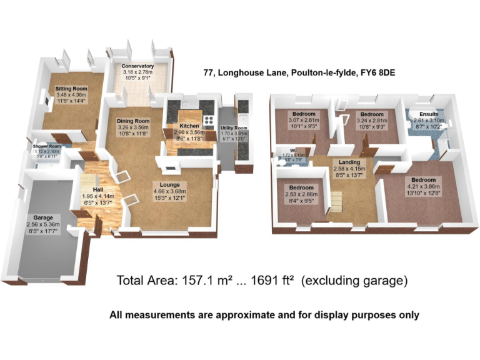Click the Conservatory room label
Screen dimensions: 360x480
[x=137, y=66]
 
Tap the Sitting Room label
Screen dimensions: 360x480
[x=71, y=89]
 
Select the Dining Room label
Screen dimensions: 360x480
[x=134, y=121]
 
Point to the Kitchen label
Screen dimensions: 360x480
[x=181, y=126]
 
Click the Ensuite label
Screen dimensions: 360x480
[x=428, y=114]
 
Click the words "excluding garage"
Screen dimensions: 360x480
[x=355, y=281]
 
